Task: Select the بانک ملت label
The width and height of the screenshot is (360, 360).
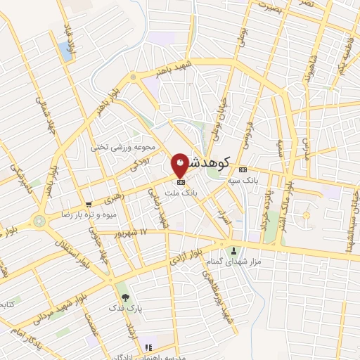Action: click(x=181, y=191)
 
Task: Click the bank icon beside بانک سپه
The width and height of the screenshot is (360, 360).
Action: click(x=243, y=169)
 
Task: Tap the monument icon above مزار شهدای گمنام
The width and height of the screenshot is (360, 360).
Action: click(x=233, y=250)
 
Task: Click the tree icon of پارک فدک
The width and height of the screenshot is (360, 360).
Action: click(x=126, y=298)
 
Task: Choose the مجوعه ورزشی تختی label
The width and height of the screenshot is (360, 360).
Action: click(x=119, y=148)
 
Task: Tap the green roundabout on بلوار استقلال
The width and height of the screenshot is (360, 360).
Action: click(x=39, y=221)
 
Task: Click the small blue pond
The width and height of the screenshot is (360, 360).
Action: click(x=66, y=50)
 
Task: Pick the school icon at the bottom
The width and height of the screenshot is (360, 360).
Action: click(x=148, y=347)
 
